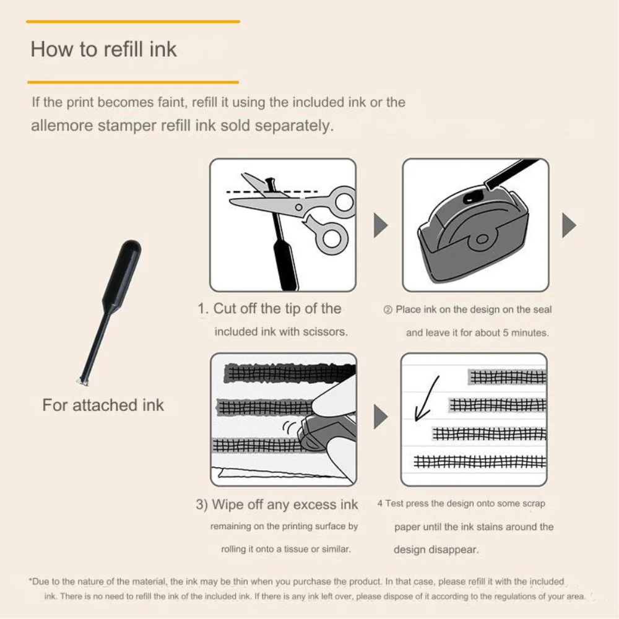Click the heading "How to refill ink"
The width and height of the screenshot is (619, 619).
point(103,50)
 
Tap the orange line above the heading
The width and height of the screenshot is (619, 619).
point(133,22)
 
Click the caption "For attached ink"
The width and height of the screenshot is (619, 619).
point(103,405)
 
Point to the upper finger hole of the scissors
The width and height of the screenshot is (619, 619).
point(345,201)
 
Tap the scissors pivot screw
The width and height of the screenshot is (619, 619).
point(299,207)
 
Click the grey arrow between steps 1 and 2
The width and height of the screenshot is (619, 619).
point(380,225)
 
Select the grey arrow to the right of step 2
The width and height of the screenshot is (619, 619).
point(569,225)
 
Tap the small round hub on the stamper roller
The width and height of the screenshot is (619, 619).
point(482,239)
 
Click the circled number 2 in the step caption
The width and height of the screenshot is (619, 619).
point(387,310)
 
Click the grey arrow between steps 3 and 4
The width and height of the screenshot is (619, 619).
point(380,417)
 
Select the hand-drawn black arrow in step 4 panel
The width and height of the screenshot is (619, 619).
point(426,399)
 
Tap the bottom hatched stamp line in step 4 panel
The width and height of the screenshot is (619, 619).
point(480,461)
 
